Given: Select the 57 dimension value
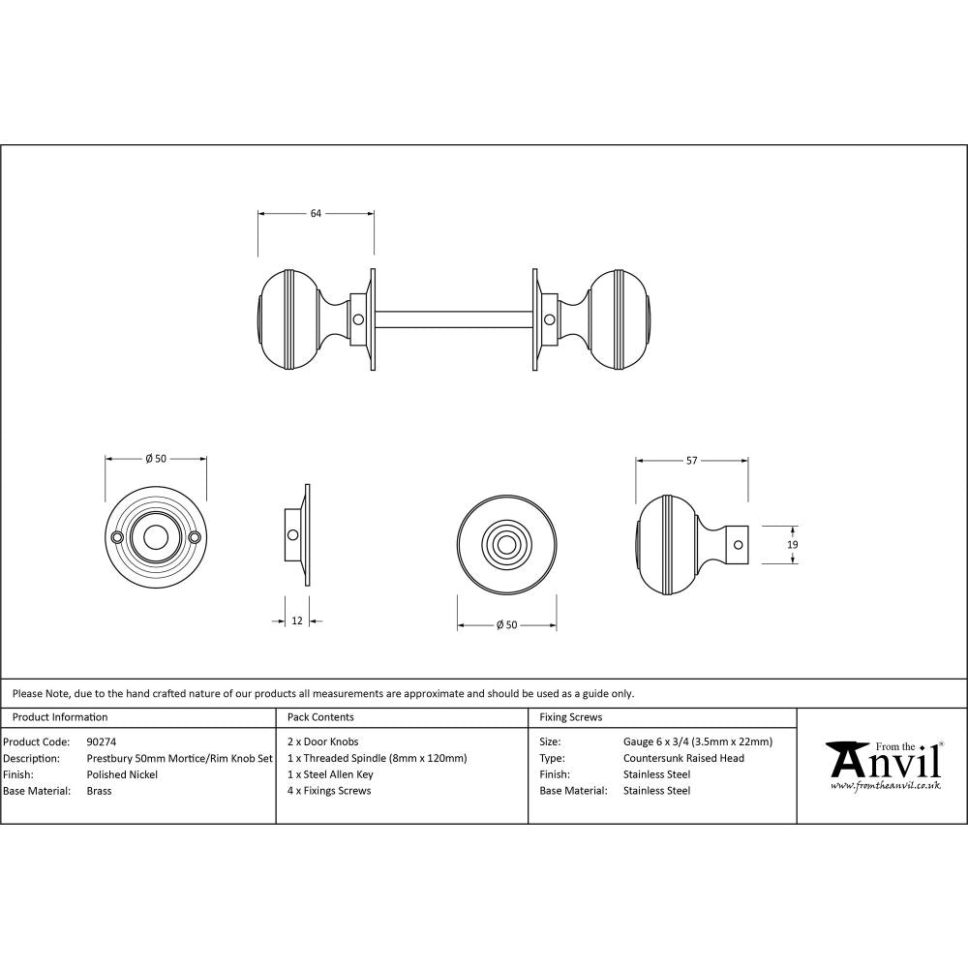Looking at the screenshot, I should (691, 461).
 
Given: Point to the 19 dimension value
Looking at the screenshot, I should (793, 546).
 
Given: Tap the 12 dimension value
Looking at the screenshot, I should (296, 620).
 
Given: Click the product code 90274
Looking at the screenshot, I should (102, 742).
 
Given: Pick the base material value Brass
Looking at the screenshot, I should (99, 791).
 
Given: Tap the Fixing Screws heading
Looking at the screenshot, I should (570, 717).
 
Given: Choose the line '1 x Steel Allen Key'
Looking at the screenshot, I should (330, 774).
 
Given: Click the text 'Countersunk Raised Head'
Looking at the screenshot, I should (683, 758).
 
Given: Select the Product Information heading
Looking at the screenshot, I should (59, 717).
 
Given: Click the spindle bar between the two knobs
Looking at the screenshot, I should (453, 318).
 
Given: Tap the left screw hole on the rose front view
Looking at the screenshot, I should (117, 536).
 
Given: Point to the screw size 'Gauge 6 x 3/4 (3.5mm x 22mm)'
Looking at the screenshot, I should (698, 742).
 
